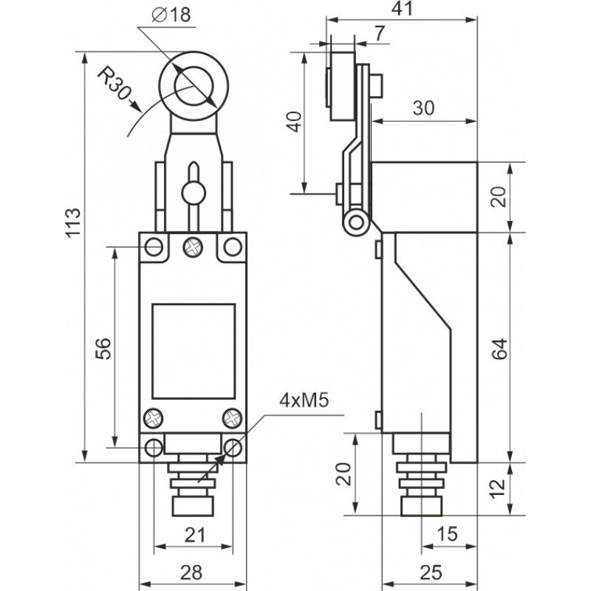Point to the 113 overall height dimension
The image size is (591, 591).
(x=72, y=222)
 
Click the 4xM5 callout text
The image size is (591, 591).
(x=304, y=401)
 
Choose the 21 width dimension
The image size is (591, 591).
(x=192, y=535)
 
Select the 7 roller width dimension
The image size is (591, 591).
(x=378, y=33)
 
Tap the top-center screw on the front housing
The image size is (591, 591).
(x=194, y=245)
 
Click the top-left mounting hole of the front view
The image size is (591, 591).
(x=154, y=245)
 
